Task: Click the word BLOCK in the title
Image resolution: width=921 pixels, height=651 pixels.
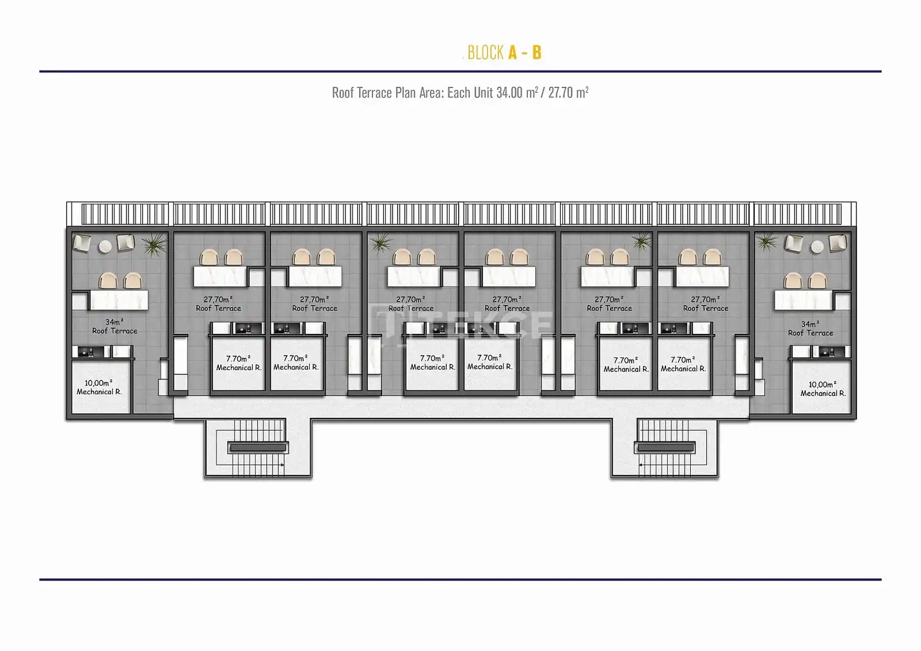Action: click(x=486, y=52)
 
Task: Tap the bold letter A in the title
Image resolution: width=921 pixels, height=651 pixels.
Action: click(x=513, y=52)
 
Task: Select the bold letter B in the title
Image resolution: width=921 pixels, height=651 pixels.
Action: click(x=536, y=52)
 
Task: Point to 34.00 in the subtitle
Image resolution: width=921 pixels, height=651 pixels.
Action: click(x=509, y=93)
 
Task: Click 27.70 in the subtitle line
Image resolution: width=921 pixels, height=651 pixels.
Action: click(x=561, y=93)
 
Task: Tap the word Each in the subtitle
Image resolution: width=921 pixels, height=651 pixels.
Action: click(x=459, y=93)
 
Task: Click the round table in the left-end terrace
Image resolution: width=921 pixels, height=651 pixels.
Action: click(x=105, y=247)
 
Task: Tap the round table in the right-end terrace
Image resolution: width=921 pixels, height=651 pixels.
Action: click(x=817, y=247)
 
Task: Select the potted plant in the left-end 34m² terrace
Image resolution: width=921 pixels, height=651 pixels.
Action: click(x=154, y=244)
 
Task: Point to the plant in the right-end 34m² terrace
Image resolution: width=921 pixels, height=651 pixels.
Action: click(x=767, y=242)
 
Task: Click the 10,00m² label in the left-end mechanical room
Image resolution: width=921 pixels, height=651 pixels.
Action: click(x=99, y=383)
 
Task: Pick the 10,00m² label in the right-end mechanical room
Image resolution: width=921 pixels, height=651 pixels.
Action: click(x=822, y=385)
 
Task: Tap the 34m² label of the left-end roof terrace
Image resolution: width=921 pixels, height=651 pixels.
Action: click(x=115, y=322)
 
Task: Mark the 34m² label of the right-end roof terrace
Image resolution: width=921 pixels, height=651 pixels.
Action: click(x=810, y=324)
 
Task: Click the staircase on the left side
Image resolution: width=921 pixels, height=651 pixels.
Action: click(x=257, y=448)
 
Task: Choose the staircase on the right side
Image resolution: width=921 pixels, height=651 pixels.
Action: click(x=665, y=448)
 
